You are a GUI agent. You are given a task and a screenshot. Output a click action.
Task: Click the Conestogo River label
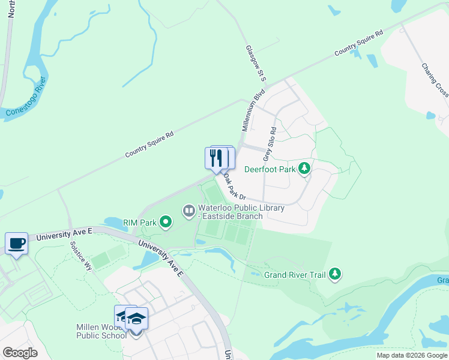[25, 100]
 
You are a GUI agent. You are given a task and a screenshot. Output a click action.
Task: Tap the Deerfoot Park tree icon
[305, 169]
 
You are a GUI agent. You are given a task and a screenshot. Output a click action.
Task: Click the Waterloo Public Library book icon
[188, 210]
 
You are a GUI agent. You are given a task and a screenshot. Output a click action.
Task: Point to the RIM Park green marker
[165, 223]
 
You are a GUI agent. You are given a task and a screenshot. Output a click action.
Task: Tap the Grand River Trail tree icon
[335, 275]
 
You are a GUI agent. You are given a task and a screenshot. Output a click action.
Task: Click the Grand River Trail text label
[295, 275]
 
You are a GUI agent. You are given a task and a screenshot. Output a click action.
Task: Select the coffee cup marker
[17, 244]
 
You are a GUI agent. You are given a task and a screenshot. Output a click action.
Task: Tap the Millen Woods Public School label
[101, 331]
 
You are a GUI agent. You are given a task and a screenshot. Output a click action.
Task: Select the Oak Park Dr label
[234, 187]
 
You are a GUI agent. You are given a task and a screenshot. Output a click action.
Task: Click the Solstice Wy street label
[80, 257]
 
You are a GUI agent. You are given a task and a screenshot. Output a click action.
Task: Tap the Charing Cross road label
[435, 81]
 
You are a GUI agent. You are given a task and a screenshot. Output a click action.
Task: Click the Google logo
[20, 352]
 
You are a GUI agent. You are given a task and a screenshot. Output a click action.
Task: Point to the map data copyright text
[412, 355]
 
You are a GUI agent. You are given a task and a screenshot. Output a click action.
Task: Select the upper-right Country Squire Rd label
[358, 44]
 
